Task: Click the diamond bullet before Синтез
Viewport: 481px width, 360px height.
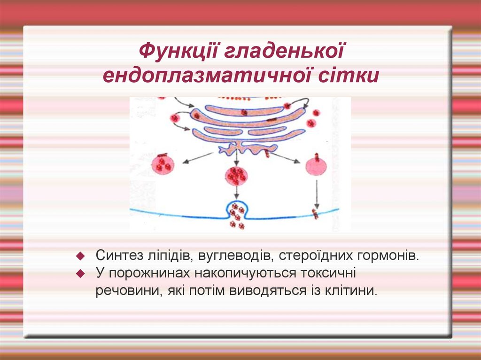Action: click(80, 256)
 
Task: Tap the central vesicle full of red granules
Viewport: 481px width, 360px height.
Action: click(236, 176)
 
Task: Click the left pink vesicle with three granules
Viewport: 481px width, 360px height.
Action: click(163, 164)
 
